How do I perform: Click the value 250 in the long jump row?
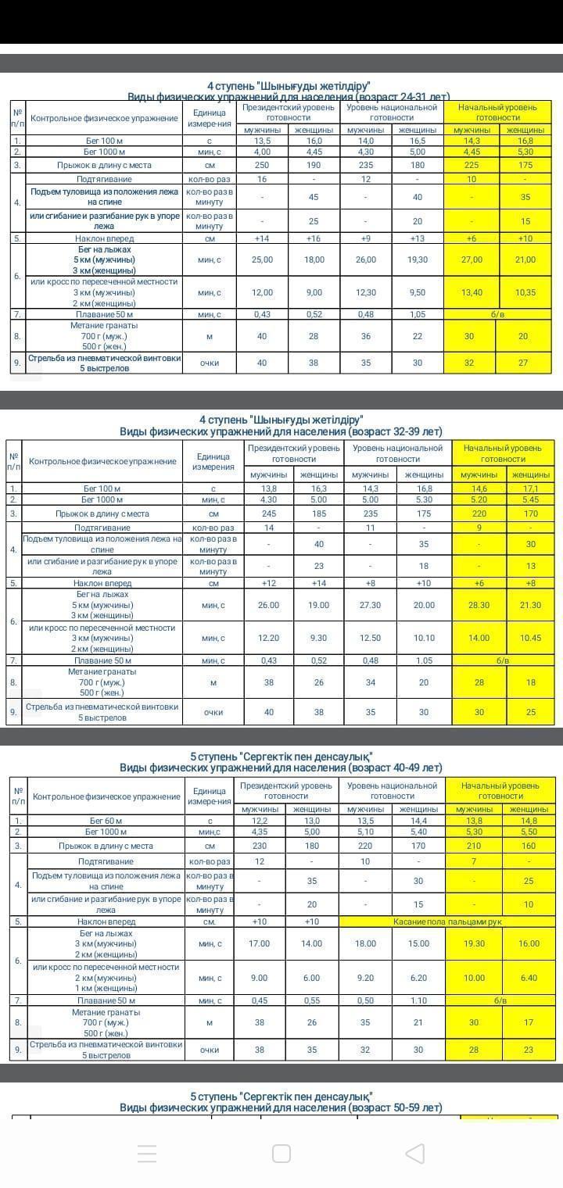click(262, 165)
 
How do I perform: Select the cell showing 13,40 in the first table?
click(471, 292)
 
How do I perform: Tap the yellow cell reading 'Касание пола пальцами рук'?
click(447, 921)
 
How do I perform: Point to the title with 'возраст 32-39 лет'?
click(281, 431)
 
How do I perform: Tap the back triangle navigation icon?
click(415, 1153)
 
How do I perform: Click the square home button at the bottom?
click(281, 1153)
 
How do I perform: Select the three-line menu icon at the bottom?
click(147, 1153)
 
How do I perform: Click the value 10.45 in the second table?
click(530, 638)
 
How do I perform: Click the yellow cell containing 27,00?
click(471, 259)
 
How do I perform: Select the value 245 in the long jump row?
click(268, 513)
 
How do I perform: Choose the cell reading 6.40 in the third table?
click(529, 978)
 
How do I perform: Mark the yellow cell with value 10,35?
click(525, 292)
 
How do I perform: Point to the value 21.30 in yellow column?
click(530, 605)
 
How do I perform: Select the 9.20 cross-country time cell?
click(365, 978)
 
